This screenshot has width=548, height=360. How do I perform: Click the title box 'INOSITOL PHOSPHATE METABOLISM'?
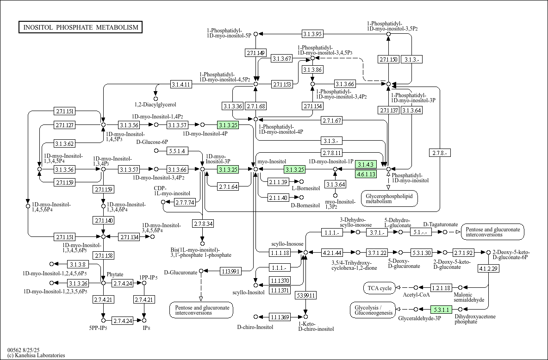tap(81, 27)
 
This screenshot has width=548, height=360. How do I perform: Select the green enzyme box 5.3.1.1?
tap(442, 309)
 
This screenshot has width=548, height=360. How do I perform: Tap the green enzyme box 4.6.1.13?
tap(366, 174)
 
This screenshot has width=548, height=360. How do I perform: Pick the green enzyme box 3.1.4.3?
tap(366, 164)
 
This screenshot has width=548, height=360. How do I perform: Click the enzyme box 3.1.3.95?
tap(312, 34)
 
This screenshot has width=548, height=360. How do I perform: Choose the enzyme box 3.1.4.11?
tap(181, 84)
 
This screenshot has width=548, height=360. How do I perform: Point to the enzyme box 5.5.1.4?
tap(178, 151)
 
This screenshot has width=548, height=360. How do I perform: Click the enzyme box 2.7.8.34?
tap(203, 223)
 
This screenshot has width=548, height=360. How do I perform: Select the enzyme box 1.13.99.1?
tap(230, 271)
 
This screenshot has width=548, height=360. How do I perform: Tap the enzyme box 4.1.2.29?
tap(489, 268)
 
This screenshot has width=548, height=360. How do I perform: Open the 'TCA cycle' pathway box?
tap(380, 288)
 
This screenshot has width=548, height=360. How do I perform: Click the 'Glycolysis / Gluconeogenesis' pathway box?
tap(373, 310)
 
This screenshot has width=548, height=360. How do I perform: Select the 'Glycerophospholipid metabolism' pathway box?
tap(389, 199)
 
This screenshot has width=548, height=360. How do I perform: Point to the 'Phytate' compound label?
tap(115, 274)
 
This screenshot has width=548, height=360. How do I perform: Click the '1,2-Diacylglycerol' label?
tap(156, 105)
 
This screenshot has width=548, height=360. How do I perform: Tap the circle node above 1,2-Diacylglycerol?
tap(156, 99)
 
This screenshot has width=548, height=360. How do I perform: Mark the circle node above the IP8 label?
tap(144, 320)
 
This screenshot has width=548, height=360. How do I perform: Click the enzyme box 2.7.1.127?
tap(64, 125)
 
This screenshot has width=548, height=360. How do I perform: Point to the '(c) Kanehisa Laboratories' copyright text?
tap(36, 355)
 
